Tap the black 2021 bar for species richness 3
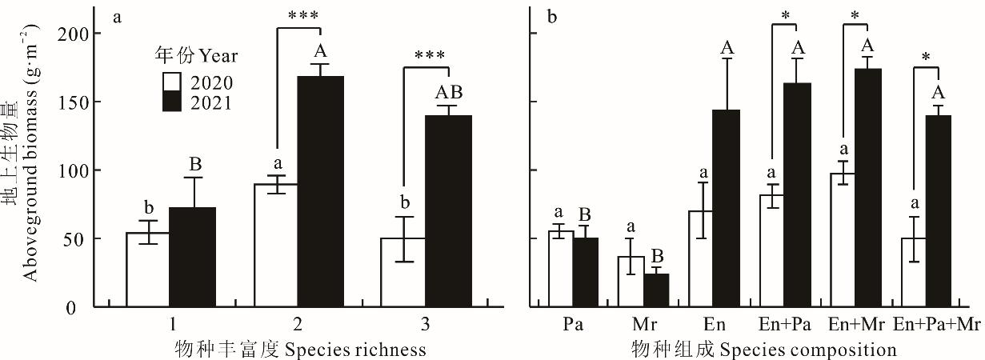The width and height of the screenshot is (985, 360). pyautogui.click(x=448, y=211)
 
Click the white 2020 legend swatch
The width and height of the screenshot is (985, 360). pyautogui.click(x=171, y=82)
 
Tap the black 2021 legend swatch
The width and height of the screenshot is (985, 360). pyautogui.click(x=171, y=102)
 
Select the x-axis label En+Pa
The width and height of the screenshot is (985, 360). pyautogui.click(x=783, y=326)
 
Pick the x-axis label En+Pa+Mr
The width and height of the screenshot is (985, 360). pyautogui.click(x=937, y=326)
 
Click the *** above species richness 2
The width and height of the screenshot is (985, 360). pyautogui.click(x=298, y=16)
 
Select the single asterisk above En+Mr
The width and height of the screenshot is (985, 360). pyautogui.click(x=856, y=16)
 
